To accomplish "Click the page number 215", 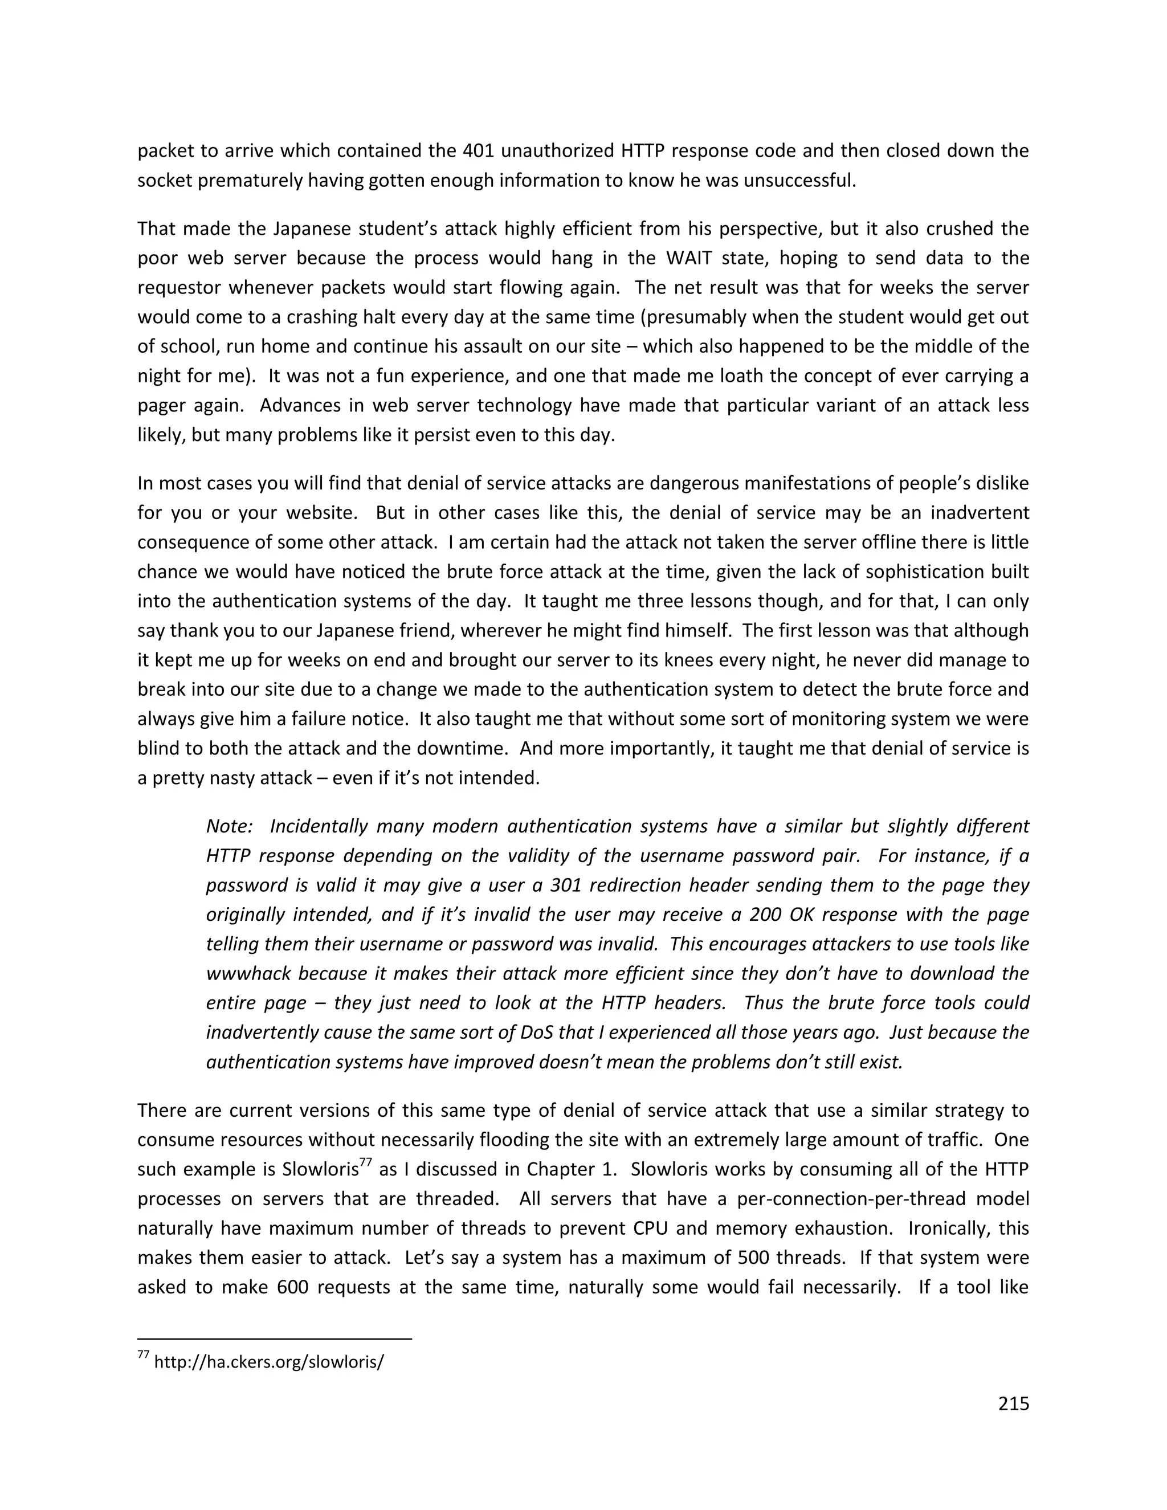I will click(x=1014, y=1403).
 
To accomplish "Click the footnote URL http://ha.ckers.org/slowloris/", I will click(x=269, y=1362).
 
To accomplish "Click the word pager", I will click(x=163, y=405).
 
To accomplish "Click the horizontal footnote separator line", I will click(x=275, y=1338).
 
